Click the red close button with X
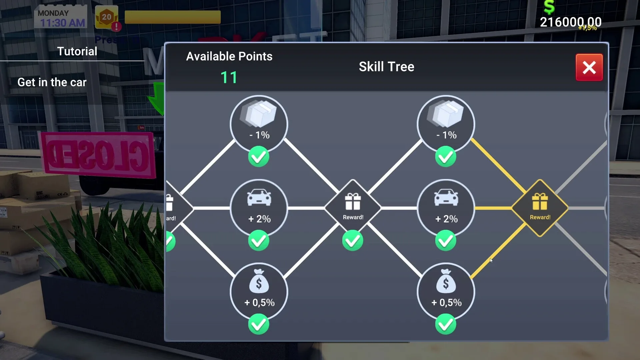tap(589, 67)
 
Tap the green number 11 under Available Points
tap(229, 78)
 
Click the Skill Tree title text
tap(386, 67)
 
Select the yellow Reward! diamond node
tap(540, 208)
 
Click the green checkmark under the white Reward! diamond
tap(353, 241)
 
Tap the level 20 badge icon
tap(107, 17)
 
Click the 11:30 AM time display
tap(62, 23)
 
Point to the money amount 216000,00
tap(570, 22)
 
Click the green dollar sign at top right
tap(549, 7)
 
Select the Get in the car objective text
tap(52, 82)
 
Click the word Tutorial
tap(77, 51)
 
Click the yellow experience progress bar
tap(173, 17)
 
